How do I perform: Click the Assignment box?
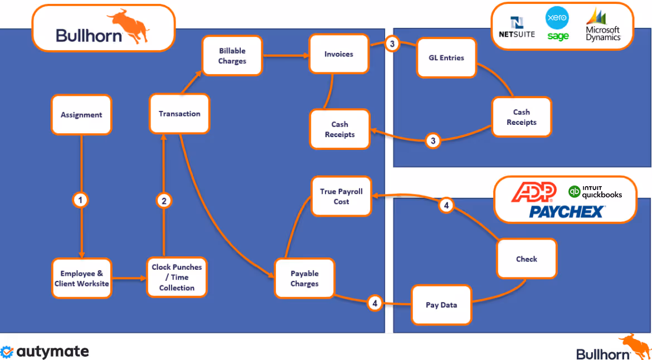click(81, 115)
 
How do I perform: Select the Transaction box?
click(179, 114)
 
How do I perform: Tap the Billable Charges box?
click(232, 56)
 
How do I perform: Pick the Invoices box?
click(339, 54)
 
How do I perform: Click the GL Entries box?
click(447, 58)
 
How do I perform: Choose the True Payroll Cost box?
click(341, 196)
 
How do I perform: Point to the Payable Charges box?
click(304, 278)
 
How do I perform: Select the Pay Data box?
click(441, 305)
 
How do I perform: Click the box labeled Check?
click(526, 259)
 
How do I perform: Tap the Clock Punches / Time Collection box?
click(177, 277)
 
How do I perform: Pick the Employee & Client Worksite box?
click(81, 278)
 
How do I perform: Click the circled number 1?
click(81, 200)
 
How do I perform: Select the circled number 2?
click(163, 201)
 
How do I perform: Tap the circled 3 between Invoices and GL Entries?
click(392, 44)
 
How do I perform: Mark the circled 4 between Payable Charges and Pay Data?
click(375, 303)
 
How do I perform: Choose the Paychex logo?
click(566, 211)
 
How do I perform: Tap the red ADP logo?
click(534, 192)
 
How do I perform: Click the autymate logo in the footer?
click(45, 352)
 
